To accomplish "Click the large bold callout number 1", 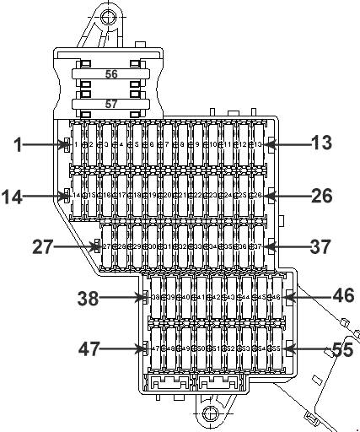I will tap(16, 144).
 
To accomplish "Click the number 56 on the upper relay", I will tap(110, 74).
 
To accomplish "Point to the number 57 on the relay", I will tap(110, 105).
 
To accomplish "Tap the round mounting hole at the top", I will tap(106, 16).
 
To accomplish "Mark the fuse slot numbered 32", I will tap(182, 246).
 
